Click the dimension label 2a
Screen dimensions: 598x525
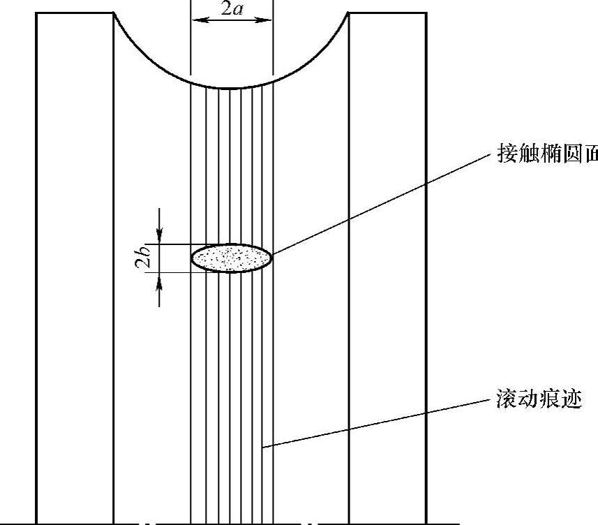click(232, 10)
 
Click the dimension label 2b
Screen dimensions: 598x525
click(143, 258)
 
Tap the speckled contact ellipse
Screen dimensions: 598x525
click(232, 258)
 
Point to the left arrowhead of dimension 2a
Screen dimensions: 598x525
click(196, 20)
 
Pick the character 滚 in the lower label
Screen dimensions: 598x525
click(504, 401)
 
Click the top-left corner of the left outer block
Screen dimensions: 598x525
click(36, 13)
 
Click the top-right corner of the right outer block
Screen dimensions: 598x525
click(426, 13)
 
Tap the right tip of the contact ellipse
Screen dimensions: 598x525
click(271, 258)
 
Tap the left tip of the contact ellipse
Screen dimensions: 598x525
click(192, 258)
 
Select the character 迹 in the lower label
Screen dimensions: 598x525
click(571, 401)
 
